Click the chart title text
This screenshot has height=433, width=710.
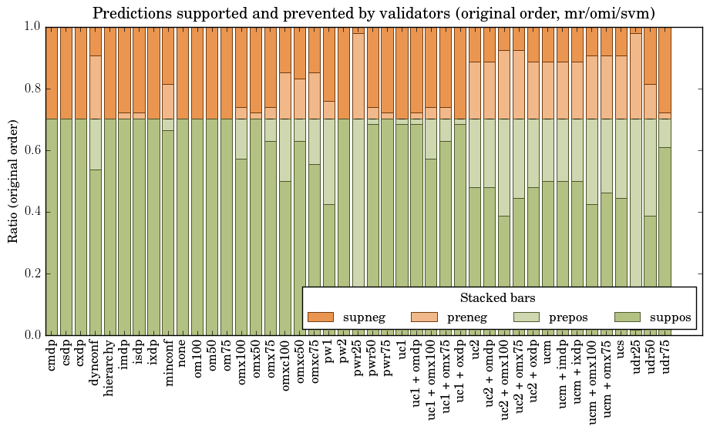click(x=374, y=13)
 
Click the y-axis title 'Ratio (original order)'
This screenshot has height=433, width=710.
click(x=13, y=180)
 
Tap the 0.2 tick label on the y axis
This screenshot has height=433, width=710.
click(x=31, y=274)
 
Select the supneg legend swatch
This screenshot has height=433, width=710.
click(x=320, y=317)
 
